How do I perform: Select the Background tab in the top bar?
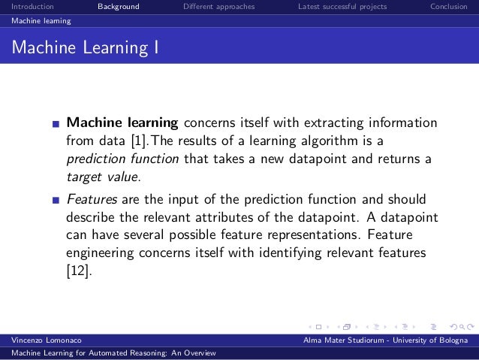coord(118,8)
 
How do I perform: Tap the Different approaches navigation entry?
coord(218,8)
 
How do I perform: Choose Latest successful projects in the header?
coord(342,8)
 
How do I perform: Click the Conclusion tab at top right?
coord(452,8)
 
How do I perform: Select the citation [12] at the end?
coord(79,272)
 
